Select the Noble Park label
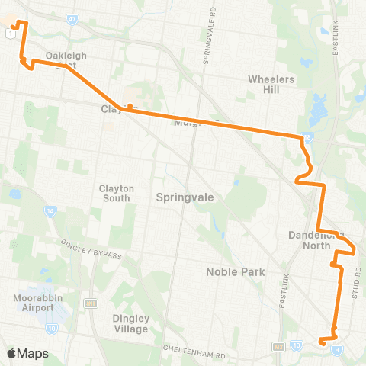tap(234, 271)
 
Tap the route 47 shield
tap(72, 18)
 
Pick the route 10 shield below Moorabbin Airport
tap(52, 329)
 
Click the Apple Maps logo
tap(27, 353)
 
